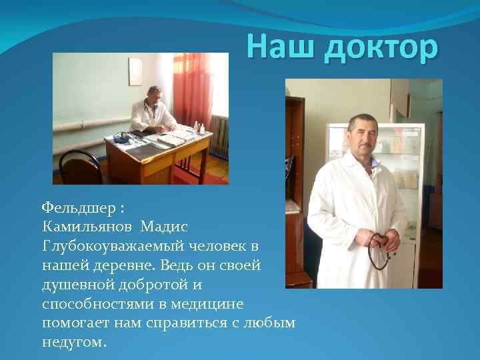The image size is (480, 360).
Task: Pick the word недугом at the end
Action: pyautogui.click(x=73, y=343)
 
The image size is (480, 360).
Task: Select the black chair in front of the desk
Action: pyautogui.click(x=83, y=167)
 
